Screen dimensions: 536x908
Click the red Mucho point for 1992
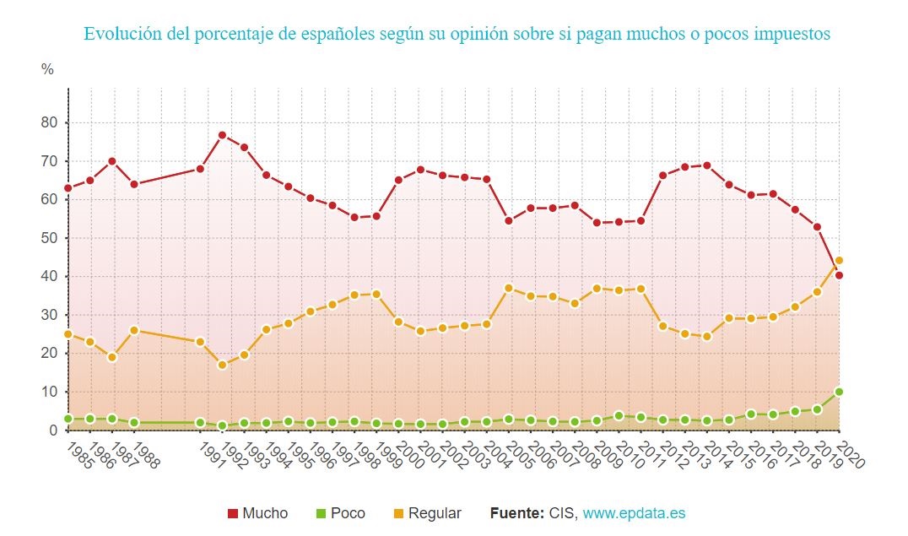coord(222,135)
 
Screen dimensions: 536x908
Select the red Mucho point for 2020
coord(839,275)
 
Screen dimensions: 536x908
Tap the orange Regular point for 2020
coord(839,260)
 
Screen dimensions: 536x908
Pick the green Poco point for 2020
coord(839,392)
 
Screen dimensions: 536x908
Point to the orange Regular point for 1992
coord(222,365)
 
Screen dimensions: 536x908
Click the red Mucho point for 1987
coord(111,161)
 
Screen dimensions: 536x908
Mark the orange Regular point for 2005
coord(508,288)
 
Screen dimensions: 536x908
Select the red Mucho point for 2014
coord(706,165)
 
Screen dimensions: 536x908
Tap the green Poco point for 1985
coord(68,419)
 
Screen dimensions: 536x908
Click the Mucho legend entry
coord(257,513)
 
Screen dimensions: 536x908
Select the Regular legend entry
coord(427,513)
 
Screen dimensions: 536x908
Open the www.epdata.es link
coord(640,513)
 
